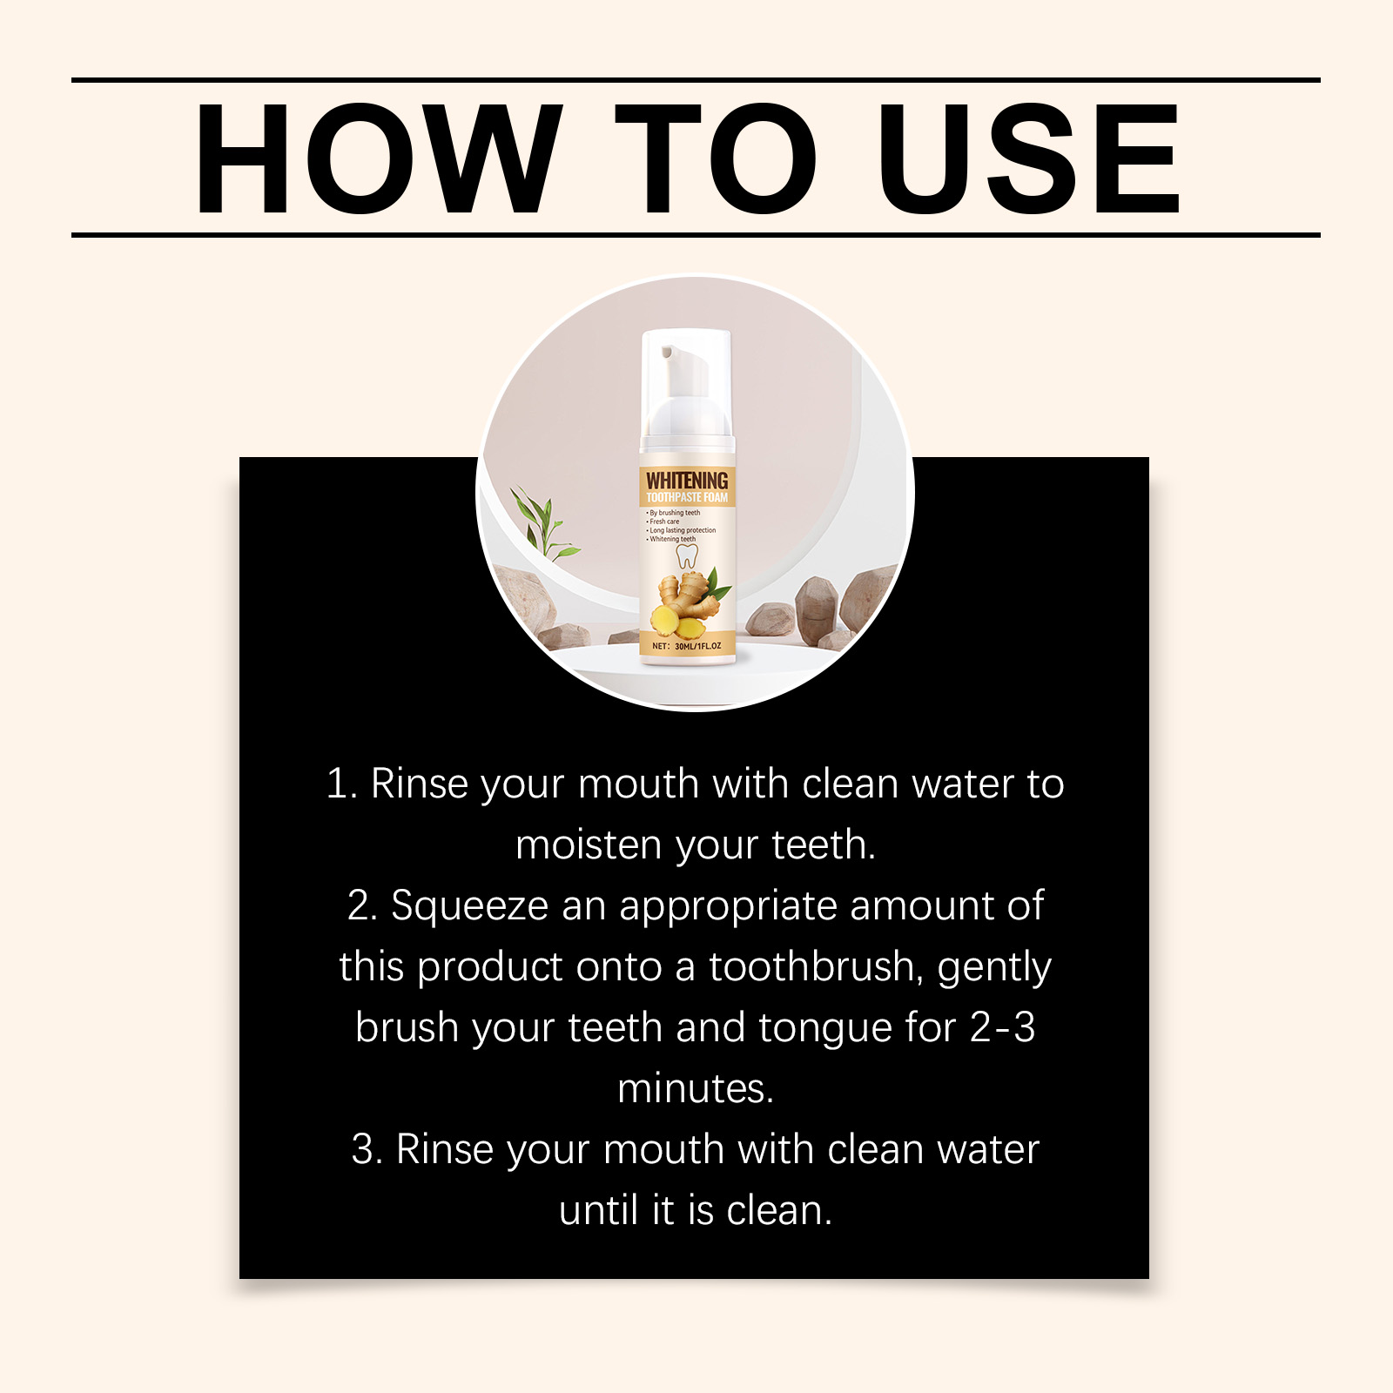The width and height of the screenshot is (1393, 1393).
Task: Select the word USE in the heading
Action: click(1028, 158)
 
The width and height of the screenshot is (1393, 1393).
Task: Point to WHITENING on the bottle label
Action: click(687, 480)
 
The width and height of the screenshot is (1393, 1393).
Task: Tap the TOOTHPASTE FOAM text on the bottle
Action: click(687, 498)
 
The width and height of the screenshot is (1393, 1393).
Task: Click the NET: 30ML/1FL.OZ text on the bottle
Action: click(687, 646)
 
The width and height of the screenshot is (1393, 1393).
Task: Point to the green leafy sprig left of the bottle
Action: click(542, 524)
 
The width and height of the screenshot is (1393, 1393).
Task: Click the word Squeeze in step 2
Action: click(469, 907)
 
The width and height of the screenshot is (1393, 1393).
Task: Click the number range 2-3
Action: click(1002, 1027)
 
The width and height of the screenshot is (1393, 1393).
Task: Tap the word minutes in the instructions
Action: click(696, 1089)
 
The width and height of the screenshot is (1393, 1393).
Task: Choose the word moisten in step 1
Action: click(589, 845)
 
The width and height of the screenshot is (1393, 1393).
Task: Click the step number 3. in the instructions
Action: click(367, 1149)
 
